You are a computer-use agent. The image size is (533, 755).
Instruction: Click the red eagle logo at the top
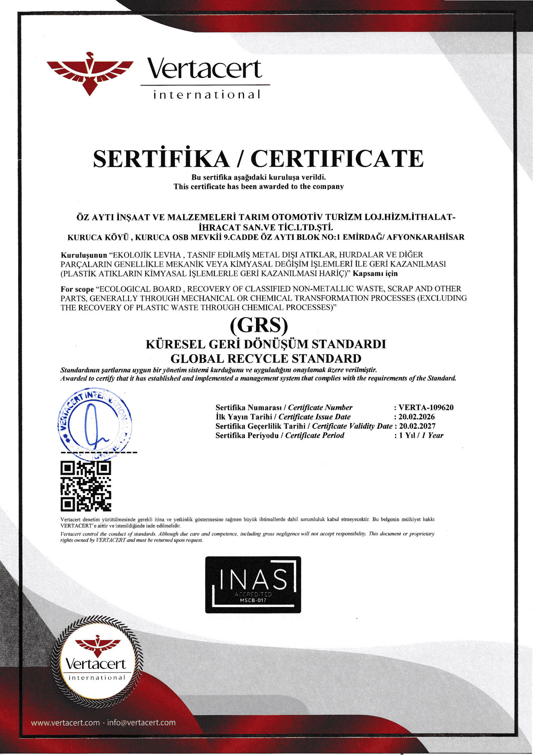click(90, 73)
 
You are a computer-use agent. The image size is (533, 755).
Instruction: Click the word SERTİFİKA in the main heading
click(161, 159)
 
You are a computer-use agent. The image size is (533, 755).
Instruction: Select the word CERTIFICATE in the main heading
click(337, 159)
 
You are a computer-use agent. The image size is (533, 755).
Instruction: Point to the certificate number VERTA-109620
click(426, 408)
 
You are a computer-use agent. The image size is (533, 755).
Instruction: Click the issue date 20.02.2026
click(416, 417)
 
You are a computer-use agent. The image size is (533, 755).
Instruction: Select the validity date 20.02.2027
click(417, 426)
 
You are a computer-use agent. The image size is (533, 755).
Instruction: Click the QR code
click(86, 486)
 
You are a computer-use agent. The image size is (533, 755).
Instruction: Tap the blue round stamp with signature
click(94, 422)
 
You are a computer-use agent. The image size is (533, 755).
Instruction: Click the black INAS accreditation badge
click(253, 584)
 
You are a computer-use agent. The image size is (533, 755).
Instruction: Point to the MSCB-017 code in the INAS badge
click(253, 600)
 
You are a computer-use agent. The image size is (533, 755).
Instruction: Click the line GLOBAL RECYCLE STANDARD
click(266, 358)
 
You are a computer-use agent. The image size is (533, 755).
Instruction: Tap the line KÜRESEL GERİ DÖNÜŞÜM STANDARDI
click(266, 344)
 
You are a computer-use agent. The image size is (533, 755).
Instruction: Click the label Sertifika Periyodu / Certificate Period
click(280, 435)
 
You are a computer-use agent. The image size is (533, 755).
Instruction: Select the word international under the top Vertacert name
click(207, 95)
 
